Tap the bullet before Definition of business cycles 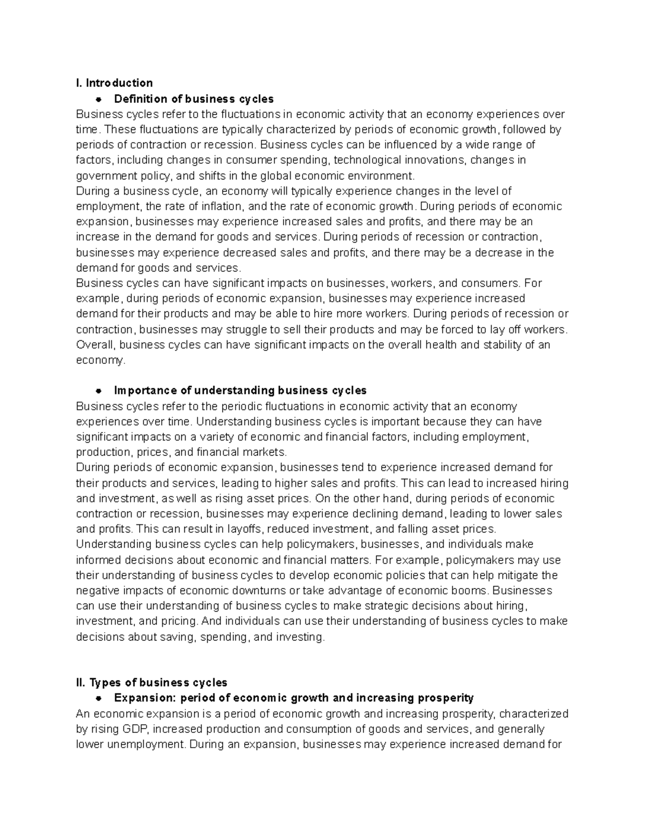coord(99,99)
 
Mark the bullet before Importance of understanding coord(99,391)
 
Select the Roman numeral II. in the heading coord(81,683)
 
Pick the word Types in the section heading coord(106,683)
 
